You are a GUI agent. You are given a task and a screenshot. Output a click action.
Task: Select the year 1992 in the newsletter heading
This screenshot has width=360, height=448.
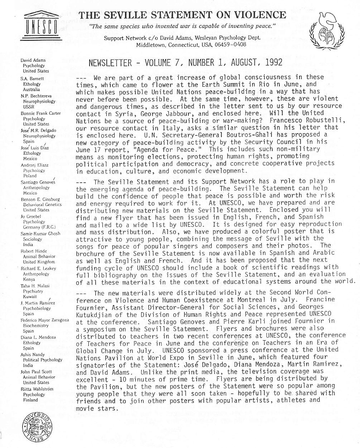[x=274, y=63]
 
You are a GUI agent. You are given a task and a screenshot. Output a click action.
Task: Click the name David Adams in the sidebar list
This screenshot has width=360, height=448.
[x=33, y=60]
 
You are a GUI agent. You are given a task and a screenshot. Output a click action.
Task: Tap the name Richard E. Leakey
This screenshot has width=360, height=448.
[x=38, y=268]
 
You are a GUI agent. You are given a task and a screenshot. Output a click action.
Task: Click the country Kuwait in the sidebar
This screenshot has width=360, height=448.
[x=30, y=297]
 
